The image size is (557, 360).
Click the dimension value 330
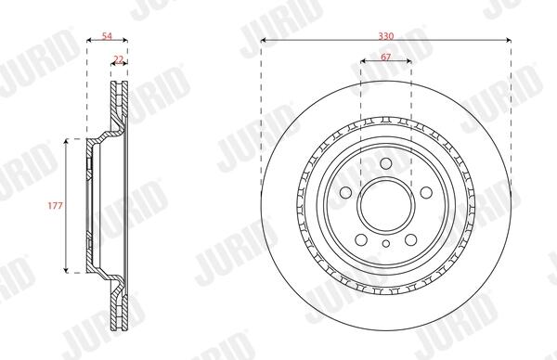[x=386, y=36]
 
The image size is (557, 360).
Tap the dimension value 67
[x=386, y=57]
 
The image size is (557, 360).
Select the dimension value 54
[x=107, y=36]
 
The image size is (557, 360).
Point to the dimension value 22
[x=118, y=59]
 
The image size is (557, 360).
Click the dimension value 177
[x=56, y=206]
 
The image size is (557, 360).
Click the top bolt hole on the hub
[x=386, y=163]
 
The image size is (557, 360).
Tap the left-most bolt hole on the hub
[x=345, y=193]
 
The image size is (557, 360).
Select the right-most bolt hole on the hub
[x=426, y=193]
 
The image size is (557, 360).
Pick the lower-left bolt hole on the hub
[x=361, y=240]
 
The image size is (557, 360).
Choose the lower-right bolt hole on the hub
[x=410, y=240]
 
